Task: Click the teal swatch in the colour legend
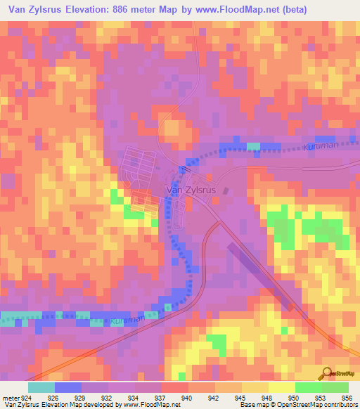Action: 41,387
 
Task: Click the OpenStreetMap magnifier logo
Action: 325,374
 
